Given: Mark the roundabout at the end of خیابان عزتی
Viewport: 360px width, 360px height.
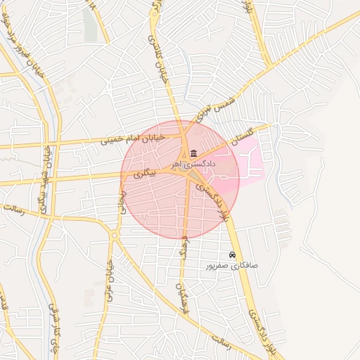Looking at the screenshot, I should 115,236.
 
